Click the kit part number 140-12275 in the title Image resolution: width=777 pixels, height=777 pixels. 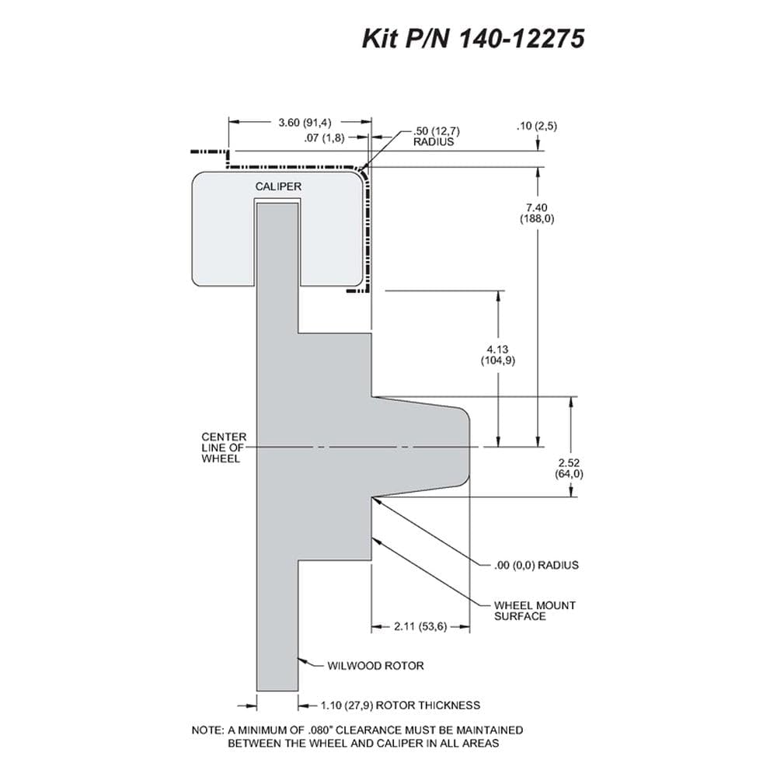point(522,38)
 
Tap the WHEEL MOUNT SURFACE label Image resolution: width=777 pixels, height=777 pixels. point(535,611)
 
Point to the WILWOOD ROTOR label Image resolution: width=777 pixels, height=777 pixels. point(375,666)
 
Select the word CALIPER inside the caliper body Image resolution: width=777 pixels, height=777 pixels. point(278,186)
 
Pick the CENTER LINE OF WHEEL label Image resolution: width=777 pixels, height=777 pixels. point(224,448)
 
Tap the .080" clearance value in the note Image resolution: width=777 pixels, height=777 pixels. point(318,730)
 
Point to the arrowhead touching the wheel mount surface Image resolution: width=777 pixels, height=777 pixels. point(376,541)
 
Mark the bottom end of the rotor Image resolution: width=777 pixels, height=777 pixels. point(277,690)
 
